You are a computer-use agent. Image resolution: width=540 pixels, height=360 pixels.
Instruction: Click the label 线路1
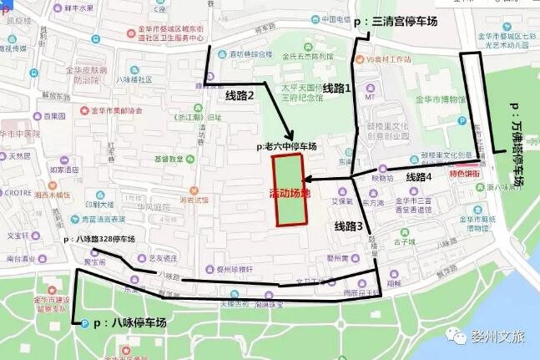tap(337, 87)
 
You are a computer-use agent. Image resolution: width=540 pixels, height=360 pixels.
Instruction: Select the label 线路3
tap(350, 226)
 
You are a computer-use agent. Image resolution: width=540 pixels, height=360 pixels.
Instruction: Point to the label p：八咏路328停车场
tap(98, 239)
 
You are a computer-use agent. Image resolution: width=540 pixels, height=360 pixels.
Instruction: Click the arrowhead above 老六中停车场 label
tap(289, 134)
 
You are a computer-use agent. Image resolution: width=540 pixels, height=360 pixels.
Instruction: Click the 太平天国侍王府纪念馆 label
tap(307, 91)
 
